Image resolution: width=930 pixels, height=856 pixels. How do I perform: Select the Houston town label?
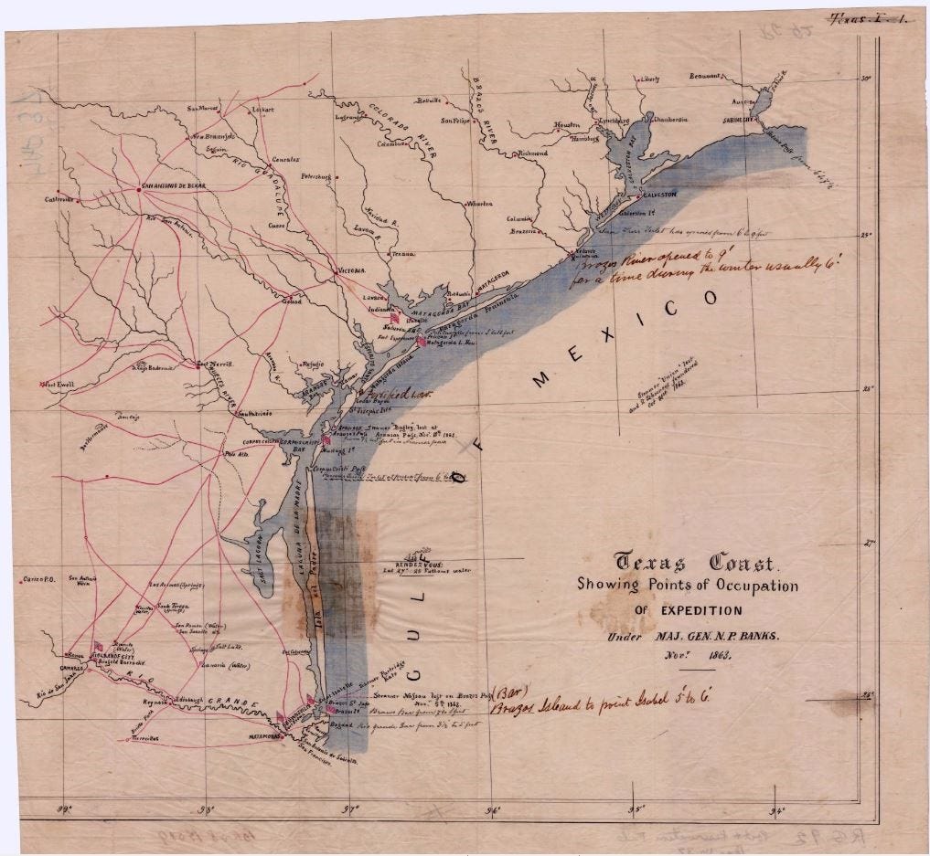tap(567, 125)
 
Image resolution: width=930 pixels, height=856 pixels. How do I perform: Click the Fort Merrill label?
tap(217, 364)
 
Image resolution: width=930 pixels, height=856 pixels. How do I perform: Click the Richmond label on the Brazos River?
tap(532, 153)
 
